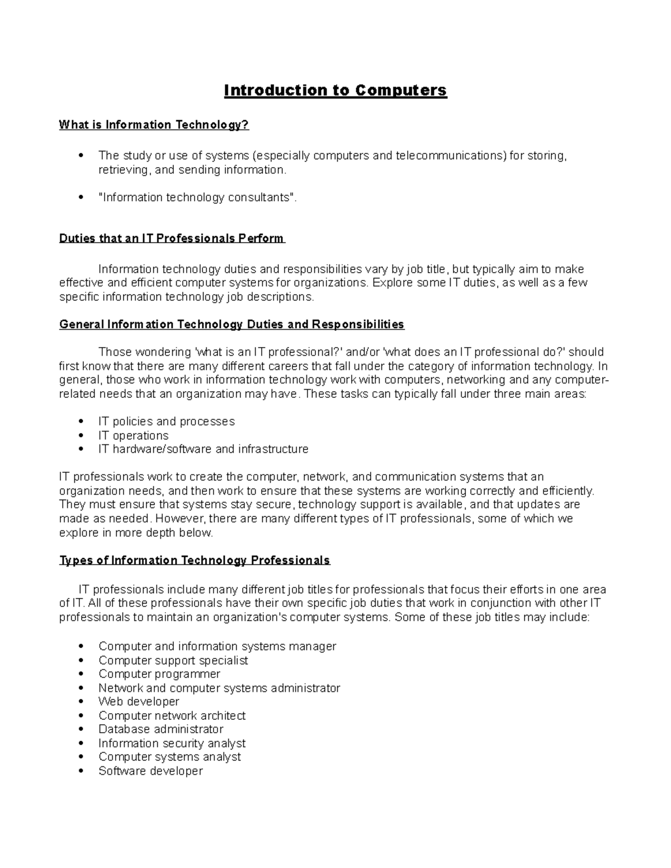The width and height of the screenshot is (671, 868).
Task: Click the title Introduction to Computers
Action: pyautogui.click(x=335, y=91)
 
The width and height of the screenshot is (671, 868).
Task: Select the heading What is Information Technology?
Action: pyautogui.click(x=154, y=125)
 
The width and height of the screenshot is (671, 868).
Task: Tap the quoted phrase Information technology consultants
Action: pyautogui.click(x=196, y=197)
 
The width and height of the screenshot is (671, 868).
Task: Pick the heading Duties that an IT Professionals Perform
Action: pyautogui.click(x=172, y=239)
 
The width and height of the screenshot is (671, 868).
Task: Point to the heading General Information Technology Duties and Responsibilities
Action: pyautogui.click(x=231, y=325)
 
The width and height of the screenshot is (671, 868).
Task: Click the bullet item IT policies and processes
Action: pyautogui.click(x=166, y=421)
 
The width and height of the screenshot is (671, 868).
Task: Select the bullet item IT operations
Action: pyautogui.click(x=133, y=435)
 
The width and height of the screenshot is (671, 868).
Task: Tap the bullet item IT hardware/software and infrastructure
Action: pyautogui.click(x=203, y=449)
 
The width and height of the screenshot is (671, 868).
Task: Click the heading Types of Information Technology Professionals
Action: pyautogui.click(x=195, y=561)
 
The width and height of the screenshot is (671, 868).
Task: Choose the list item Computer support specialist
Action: pyautogui.click(x=173, y=660)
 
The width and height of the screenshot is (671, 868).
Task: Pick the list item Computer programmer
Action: pyautogui.click(x=159, y=674)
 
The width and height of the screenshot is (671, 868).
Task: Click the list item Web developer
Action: pyautogui.click(x=139, y=701)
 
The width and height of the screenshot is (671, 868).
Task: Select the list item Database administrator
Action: pyautogui.click(x=160, y=729)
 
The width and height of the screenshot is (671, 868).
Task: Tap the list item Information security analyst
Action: pyautogui.click(x=172, y=743)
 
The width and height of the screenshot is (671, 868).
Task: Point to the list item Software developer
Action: pyautogui.click(x=150, y=771)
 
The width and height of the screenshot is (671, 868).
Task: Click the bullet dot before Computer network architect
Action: pyautogui.click(x=82, y=716)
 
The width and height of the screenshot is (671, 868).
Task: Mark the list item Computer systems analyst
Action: pyautogui.click(x=169, y=757)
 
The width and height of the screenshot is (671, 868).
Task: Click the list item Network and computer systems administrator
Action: pyautogui.click(x=219, y=688)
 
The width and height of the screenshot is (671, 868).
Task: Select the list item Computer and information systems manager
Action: pyautogui.click(x=217, y=647)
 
